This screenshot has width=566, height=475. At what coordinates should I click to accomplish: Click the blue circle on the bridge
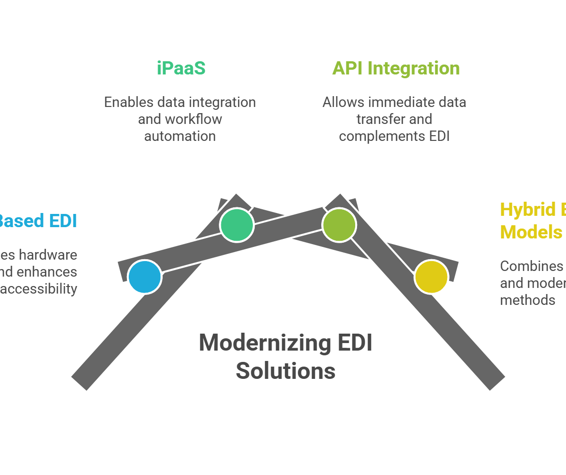[145, 277]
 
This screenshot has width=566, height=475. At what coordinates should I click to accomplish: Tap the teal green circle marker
[237, 225]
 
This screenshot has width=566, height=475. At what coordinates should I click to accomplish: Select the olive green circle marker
[339, 225]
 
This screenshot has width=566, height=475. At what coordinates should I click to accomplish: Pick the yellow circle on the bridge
[431, 277]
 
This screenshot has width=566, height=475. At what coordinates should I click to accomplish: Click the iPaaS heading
[181, 68]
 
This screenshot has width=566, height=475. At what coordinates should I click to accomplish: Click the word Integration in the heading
[414, 68]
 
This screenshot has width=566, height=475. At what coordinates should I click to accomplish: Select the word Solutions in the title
[285, 371]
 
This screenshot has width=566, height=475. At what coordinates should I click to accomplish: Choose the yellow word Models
[531, 232]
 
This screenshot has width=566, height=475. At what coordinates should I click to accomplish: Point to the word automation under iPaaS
[180, 136]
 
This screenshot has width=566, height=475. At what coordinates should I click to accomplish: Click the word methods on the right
[527, 300]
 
